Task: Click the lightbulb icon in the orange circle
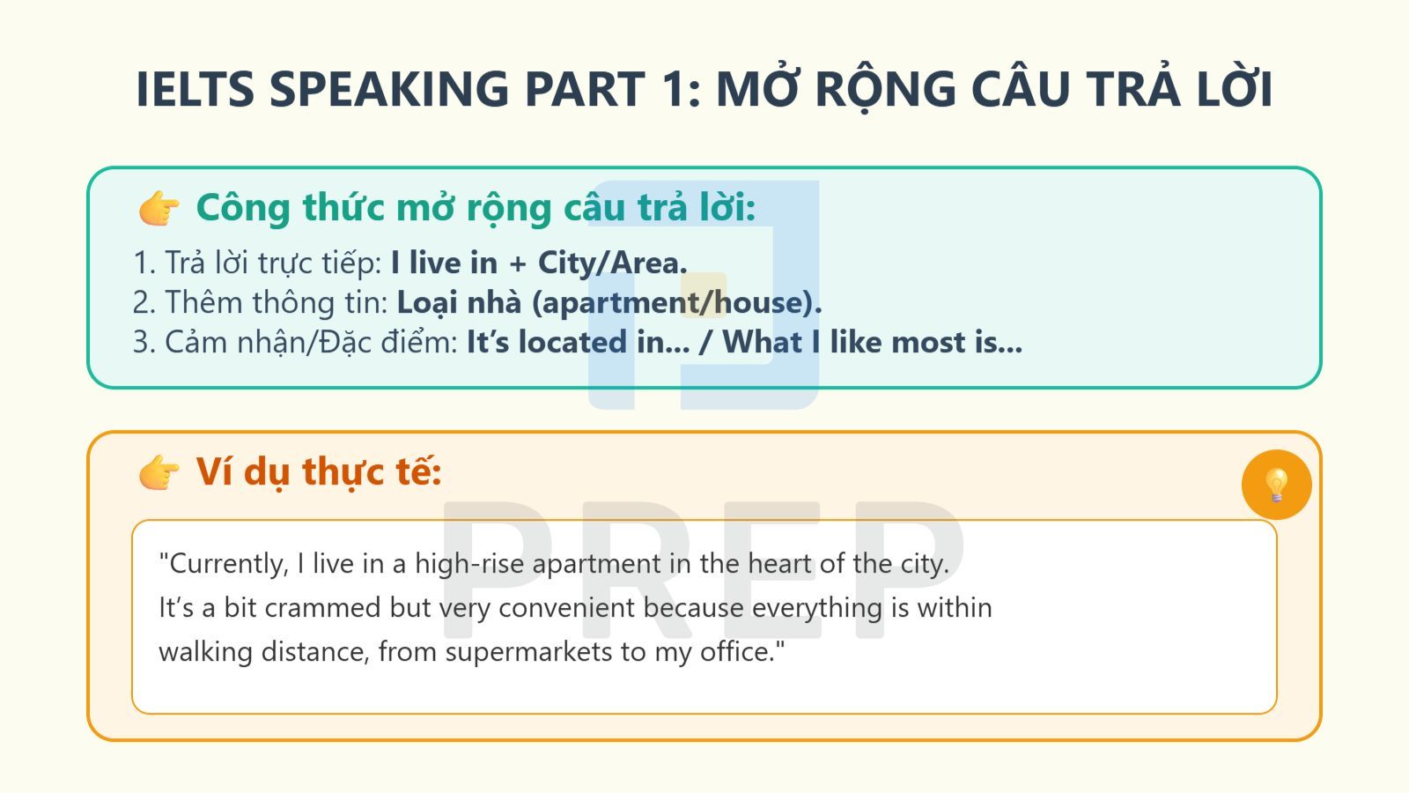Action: point(1276,485)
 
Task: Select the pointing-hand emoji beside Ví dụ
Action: point(159,473)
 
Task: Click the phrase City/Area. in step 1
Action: point(612,263)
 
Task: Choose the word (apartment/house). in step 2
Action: point(676,302)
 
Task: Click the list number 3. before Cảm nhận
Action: point(144,342)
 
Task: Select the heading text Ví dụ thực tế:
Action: point(318,472)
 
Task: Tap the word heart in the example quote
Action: point(779,564)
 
